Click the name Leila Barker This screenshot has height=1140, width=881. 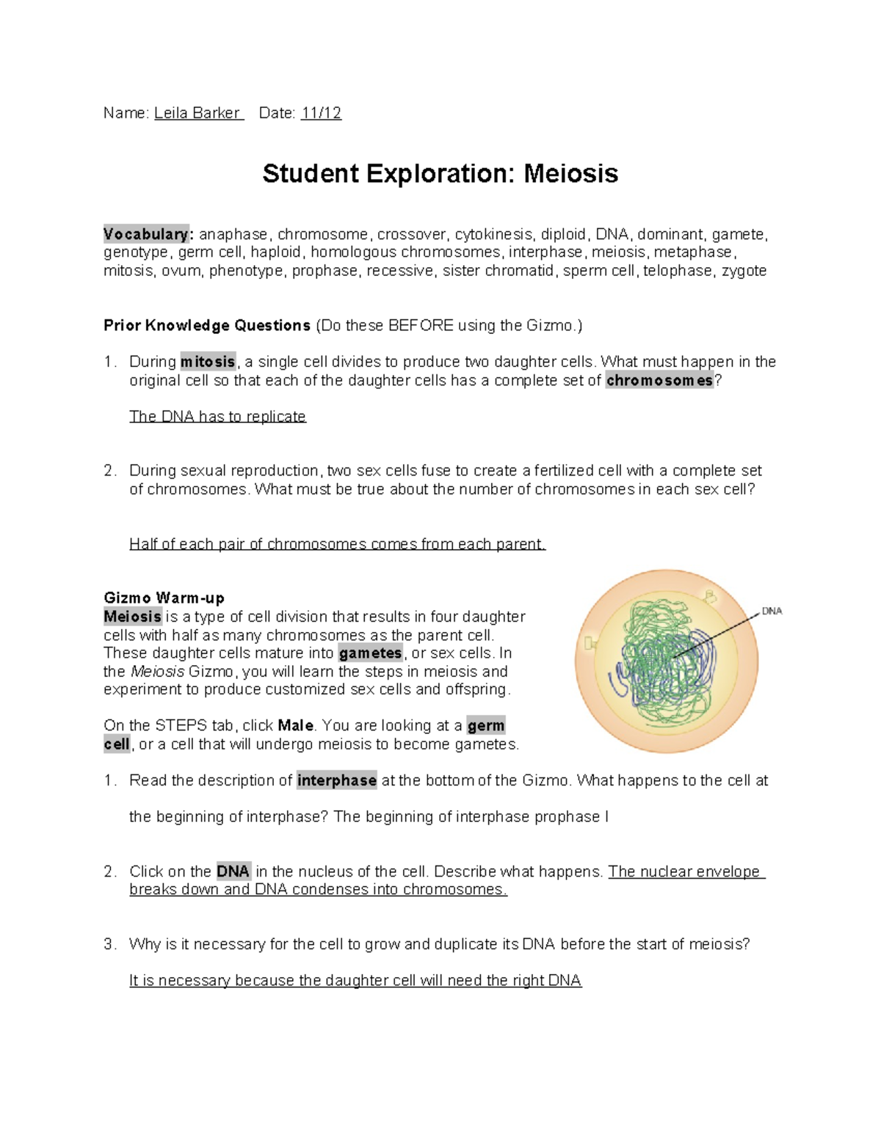point(197,113)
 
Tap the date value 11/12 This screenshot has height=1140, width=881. point(321,113)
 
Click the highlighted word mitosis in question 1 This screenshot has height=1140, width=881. point(208,362)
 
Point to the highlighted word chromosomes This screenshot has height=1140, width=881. point(659,380)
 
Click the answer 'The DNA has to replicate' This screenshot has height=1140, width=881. point(217,416)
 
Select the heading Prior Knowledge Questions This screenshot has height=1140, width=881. point(207,325)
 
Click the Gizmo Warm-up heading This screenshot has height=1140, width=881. point(164,598)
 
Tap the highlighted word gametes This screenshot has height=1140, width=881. point(370,653)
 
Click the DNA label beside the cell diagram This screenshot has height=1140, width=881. point(772,611)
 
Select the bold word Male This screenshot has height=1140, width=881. point(295,725)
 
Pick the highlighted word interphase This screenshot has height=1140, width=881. point(337,780)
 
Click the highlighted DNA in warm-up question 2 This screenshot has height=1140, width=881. point(233,871)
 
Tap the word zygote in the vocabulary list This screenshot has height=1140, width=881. point(744,271)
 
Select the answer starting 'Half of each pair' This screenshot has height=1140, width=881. point(337,544)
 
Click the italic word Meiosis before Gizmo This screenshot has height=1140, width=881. point(157,671)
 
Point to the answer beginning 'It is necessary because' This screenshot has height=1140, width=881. point(355,981)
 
